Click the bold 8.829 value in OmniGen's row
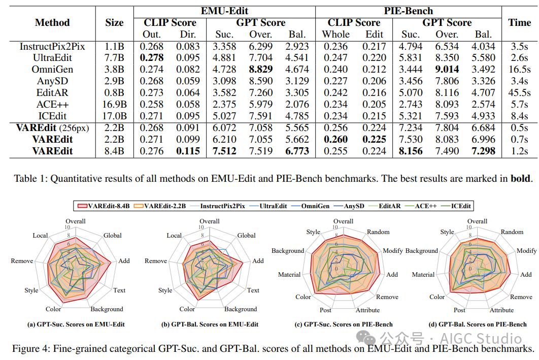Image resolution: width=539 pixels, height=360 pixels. [x=260, y=70]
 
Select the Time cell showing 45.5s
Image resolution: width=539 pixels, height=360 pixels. [x=519, y=93]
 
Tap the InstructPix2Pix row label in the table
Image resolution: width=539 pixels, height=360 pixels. [x=52, y=46]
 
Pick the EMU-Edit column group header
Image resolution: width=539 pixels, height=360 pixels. [x=224, y=11]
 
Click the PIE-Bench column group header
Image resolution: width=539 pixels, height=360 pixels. [x=409, y=11]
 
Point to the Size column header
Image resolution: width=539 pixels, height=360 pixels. [x=115, y=23]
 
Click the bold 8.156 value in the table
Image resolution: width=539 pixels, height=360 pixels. [x=411, y=151]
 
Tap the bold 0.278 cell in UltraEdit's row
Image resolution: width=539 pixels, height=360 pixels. [x=152, y=58]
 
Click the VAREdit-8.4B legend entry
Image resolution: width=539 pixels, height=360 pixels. [x=104, y=206]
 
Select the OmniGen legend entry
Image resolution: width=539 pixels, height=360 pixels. [x=311, y=206]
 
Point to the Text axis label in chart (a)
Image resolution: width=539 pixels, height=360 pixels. [x=119, y=290]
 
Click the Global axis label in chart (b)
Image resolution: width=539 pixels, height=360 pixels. [x=247, y=236]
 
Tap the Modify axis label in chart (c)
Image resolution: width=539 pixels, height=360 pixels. [x=392, y=251]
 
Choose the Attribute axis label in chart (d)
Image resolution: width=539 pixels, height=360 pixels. [x=501, y=310]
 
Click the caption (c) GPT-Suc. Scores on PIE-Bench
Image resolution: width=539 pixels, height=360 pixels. [x=344, y=324]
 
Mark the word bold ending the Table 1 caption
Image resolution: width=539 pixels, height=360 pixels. [x=521, y=178]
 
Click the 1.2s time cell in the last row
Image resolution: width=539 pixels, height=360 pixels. [x=519, y=151]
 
